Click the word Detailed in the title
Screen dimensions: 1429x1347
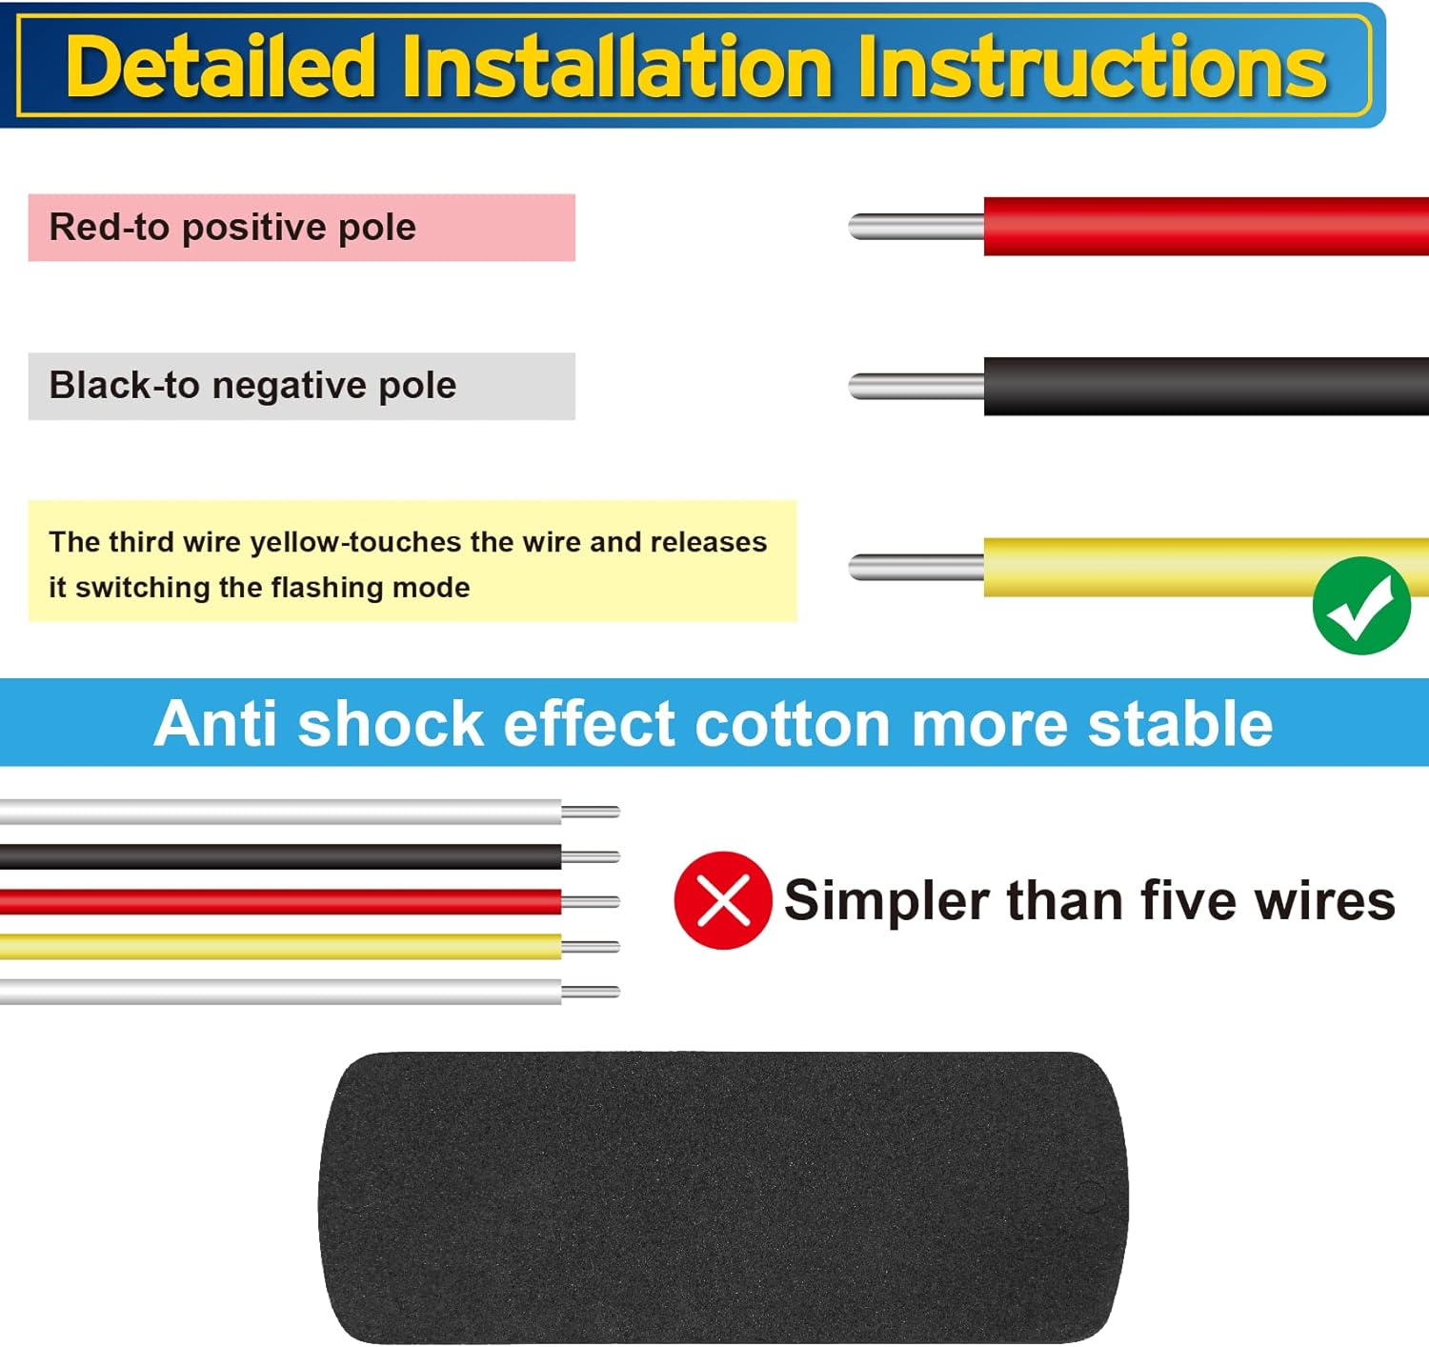(x=220, y=66)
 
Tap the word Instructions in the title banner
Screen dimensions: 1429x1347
(x=1092, y=66)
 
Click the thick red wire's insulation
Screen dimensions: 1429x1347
(x=1206, y=227)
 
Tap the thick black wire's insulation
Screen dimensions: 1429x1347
(x=1206, y=386)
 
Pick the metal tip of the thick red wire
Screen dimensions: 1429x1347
(x=916, y=227)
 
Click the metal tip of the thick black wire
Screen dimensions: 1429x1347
(x=916, y=387)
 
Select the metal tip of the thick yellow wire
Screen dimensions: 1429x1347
(x=916, y=567)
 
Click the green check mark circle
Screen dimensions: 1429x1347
(x=1361, y=605)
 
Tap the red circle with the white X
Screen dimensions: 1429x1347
(x=723, y=900)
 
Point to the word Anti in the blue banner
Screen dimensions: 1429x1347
(x=215, y=723)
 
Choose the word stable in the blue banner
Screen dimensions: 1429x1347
(x=1180, y=723)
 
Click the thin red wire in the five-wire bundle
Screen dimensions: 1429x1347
(x=281, y=901)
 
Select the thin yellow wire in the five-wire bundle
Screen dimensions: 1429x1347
(x=281, y=947)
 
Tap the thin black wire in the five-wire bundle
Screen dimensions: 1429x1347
(x=281, y=856)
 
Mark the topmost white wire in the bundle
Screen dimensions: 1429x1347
(x=281, y=812)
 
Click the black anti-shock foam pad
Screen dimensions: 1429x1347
(x=723, y=1198)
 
